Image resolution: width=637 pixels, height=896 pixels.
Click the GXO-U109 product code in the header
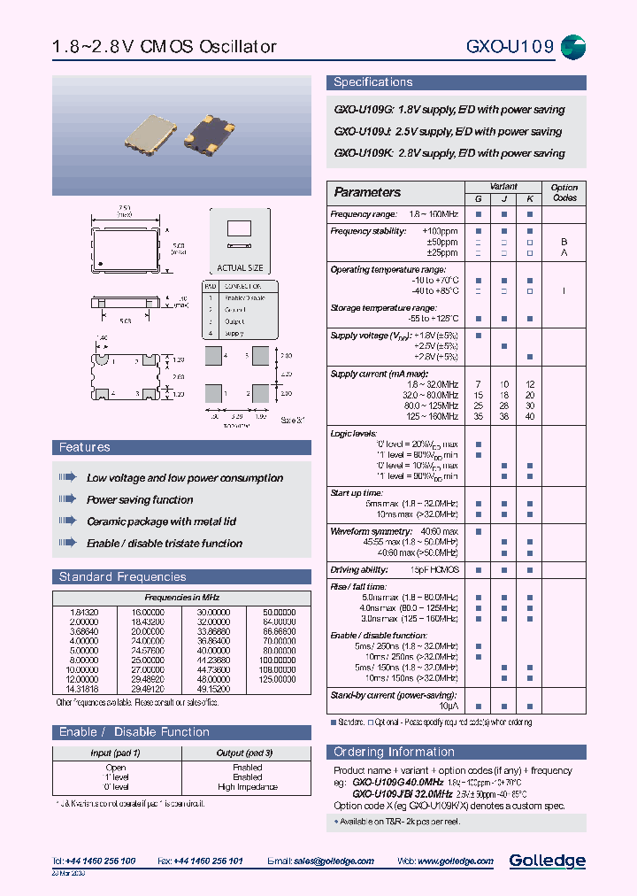[510, 47]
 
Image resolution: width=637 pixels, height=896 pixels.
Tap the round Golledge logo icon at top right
[574, 47]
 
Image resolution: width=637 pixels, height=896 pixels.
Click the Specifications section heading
[372, 82]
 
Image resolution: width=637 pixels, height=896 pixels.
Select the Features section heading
[85, 448]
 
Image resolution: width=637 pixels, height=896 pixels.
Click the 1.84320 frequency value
[83, 612]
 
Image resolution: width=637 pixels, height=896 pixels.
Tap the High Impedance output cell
[247, 787]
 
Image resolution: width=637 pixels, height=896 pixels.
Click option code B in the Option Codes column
[564, 242]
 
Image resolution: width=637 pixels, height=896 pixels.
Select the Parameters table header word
[367, 192]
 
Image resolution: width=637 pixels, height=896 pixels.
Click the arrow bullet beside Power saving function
[68, 499]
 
